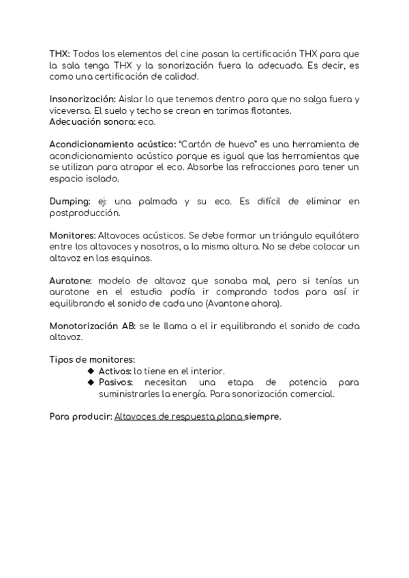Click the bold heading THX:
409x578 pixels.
click(59, 53)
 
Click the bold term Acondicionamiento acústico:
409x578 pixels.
click(111, 145)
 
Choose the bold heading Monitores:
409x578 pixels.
click(72, 235)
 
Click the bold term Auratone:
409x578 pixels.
click(71, 281)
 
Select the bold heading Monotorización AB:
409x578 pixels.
click(93, 326)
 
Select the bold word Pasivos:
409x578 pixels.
click(115, 382)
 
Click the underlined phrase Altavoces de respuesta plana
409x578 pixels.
click(179, 416)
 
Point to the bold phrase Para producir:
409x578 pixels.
click(80, 416)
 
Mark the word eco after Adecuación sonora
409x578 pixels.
click(145, 122)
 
